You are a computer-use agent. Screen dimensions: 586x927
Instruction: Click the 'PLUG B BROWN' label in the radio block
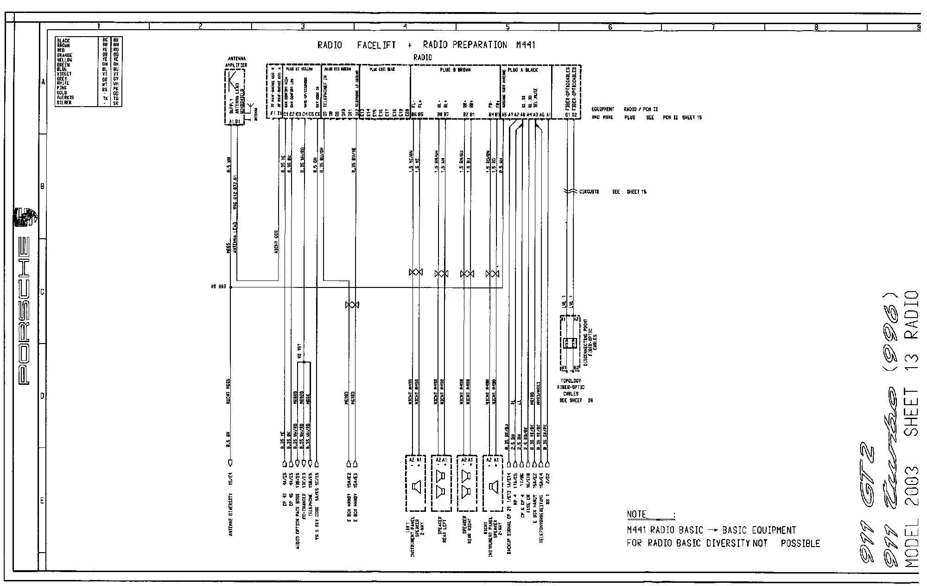point(455,70)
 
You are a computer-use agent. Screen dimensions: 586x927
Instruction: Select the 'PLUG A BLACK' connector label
point(523,70)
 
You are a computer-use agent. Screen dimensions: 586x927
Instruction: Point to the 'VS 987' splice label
point(218,287)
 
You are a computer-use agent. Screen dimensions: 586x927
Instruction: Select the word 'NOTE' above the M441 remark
point(636,514)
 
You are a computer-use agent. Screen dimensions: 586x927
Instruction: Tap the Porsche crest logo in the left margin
point(23,218)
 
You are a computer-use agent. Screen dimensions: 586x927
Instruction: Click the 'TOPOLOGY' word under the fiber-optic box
point(571,381)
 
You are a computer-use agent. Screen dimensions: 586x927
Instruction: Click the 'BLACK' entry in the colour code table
point(63,41)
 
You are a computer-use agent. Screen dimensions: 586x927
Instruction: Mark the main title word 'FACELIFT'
point(376,45)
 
